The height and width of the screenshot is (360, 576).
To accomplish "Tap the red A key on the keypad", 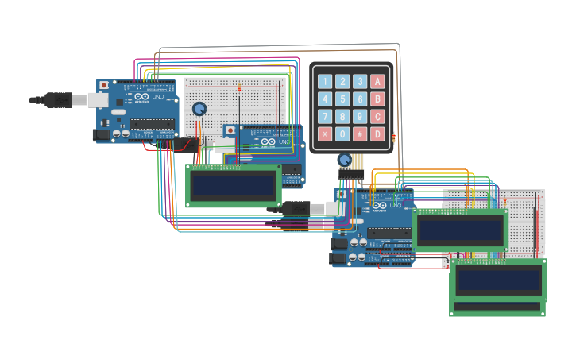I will [x=377, y=81].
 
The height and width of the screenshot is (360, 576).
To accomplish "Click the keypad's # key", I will [x=360, y=134].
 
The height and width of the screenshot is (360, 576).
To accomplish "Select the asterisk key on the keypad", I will [x=325, y=134].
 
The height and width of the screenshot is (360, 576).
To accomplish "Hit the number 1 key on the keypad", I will [x=325, y=81].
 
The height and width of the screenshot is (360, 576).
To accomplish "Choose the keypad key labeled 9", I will [x=360, y=116].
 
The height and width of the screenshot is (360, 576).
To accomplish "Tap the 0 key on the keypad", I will [x=342, y=134].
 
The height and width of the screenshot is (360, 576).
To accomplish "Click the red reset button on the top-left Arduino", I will [x=103, y=84].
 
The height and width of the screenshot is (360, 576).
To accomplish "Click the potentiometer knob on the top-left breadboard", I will [x=199, y=109].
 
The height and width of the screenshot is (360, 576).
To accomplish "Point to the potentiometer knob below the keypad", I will [x=344, y=160].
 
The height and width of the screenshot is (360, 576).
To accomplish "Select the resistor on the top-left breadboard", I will [x=238, y=87].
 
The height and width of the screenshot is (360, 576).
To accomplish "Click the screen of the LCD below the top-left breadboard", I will [x=234, y=185].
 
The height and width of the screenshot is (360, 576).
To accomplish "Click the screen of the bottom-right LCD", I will [x=497, y=279].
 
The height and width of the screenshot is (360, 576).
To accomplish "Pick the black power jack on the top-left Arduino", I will [x=102, y=135].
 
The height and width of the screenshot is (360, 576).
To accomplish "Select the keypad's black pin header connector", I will [x=352, y=172].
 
